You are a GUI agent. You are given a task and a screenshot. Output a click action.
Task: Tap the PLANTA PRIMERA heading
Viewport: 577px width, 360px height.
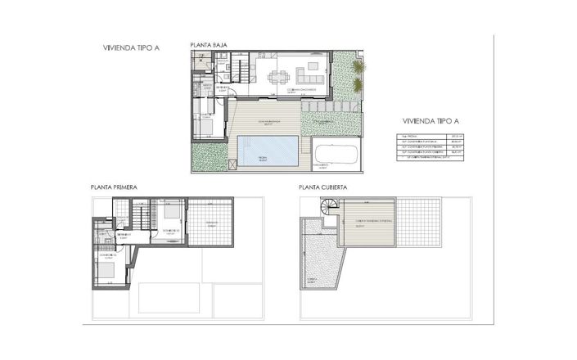[114, 187]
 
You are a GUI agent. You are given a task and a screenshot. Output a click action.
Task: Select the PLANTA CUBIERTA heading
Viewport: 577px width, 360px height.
[322, 187]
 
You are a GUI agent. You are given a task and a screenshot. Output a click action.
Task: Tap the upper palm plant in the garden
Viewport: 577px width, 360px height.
[358, 67]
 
